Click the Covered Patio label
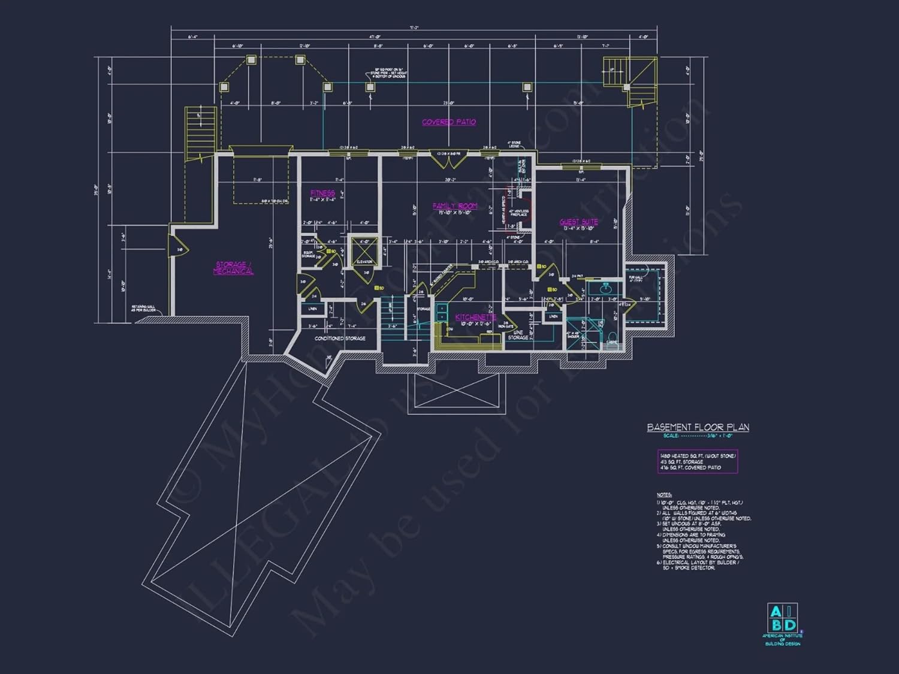pyautogui.click(x=449, y=122)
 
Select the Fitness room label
pyautogui.click(x=322, y=193)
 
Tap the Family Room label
pyautogui.click(x=455, y=206)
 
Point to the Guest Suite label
pyautogui.click(x=578, y=222)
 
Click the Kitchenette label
pyautogui.click(x=475, y=317)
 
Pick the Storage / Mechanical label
pyautogui.click(x=233, y=268)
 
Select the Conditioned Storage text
pyautogui.click(x=340, y=338)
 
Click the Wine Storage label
pyautogui.click(x=518, y=335)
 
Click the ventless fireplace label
pyautogui.click(x=518, y=213)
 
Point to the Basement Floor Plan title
pyautogui.click(x=698, y=427)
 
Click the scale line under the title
pyautogui.click(x=698, y=436)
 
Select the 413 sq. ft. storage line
pyautogui.click(x=681, y=462)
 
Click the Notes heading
pyautogui.click(x=664, y=495)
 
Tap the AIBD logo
pyautogui.click(x=782, y=619)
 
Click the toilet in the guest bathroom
pyautogui.click(x=612, y=336)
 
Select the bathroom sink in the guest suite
pyautogui.click(x=605, y=289)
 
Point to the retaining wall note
pyautogui.click(x=144, y=309)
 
